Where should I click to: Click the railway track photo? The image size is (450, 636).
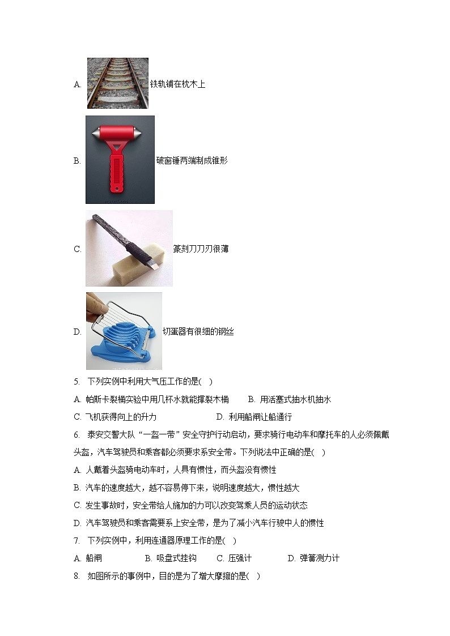coord(117,83)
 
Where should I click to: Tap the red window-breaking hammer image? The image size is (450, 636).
coord(120,160)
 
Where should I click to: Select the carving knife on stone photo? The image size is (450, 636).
coord(129,248)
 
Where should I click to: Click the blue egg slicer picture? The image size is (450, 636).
coord(124,331)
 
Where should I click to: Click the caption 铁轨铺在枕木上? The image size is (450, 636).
coord(177,84)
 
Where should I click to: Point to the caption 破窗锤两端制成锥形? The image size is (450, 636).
coord(192,161)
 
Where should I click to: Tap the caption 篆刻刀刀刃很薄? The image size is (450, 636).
coord(201,249)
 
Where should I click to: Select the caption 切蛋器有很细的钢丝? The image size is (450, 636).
coord(198,332)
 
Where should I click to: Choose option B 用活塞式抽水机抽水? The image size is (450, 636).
coord(290,400)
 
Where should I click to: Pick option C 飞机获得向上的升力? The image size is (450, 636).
coord(115,417)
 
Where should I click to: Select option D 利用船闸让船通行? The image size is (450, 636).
coord(254,417)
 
